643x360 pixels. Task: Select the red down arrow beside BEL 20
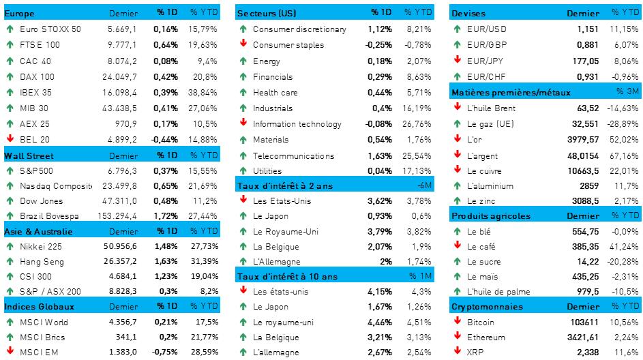(x=10, y=139)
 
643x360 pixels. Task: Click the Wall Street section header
(x=29, y=155)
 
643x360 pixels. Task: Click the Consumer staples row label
(x=288, y=45)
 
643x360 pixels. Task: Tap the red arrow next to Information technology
(x=243, y=123)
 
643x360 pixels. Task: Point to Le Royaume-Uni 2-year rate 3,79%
(x=380, y=231)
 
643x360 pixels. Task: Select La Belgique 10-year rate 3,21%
(x=380, y=337)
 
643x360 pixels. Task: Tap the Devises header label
(x=468, y=14)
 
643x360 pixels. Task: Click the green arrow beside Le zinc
(x=458, y=200)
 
